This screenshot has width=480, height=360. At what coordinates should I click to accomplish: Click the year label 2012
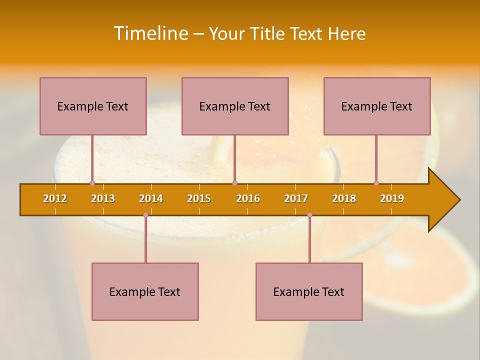[55, 198]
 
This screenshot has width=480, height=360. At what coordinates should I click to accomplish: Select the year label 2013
[103, 198]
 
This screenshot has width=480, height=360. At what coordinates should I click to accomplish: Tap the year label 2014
[151, 198]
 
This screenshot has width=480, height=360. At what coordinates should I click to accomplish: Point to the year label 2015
[199, 198]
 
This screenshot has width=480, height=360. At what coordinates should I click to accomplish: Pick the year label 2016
[248, 198]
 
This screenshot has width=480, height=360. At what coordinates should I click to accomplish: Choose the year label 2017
[296, 198]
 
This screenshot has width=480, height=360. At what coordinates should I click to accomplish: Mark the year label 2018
[344, 198]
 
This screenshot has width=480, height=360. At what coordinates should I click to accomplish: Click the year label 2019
[392, 198]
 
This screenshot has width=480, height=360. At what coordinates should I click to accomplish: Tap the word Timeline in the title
[150, 33]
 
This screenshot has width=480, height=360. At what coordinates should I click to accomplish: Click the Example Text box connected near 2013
[93, 106]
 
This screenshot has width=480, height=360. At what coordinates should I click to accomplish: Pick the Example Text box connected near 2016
[235, 106]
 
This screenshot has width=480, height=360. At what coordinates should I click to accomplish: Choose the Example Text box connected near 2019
[377, 106]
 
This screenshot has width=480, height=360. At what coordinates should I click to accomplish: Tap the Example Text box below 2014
[145, 291]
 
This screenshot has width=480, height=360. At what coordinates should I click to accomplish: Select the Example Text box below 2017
[309, 291]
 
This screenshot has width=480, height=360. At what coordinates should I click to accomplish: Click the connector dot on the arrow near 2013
[92, 183]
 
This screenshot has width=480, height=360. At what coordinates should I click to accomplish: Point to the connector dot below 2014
[145, 214]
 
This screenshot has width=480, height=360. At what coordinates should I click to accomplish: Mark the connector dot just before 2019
[376, 183]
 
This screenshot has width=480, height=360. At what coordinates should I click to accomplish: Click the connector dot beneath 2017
[309, 214]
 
